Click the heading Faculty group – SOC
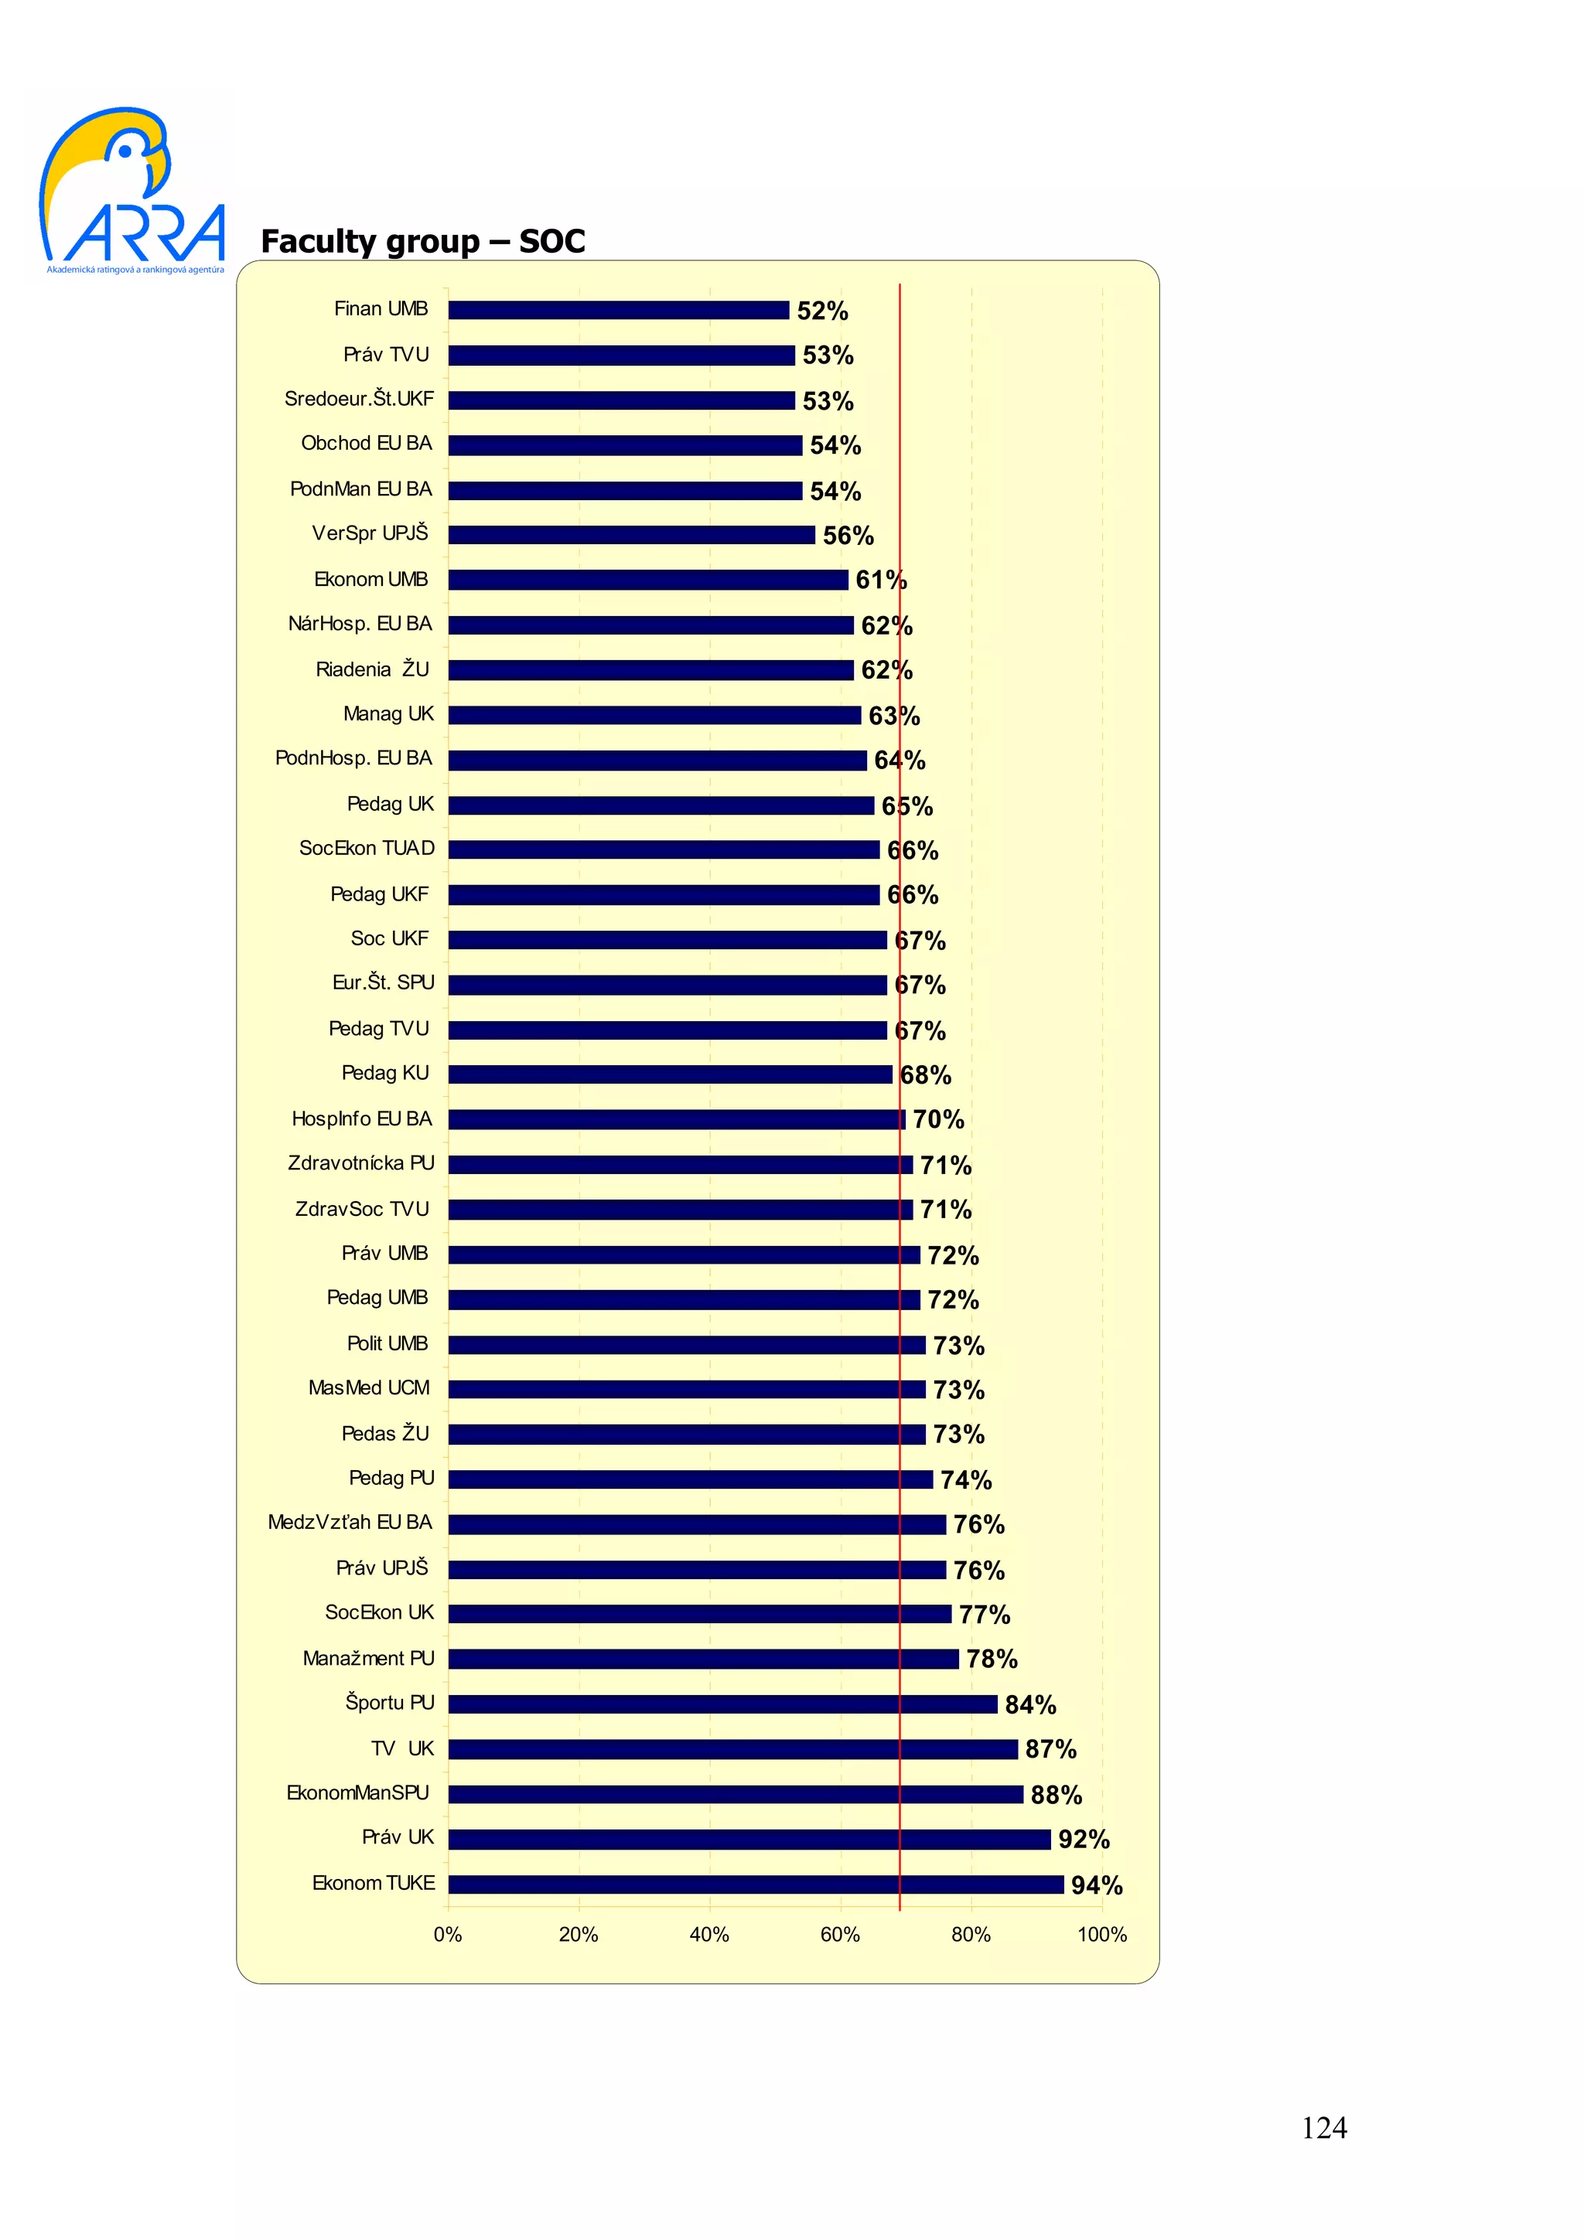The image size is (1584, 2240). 422,241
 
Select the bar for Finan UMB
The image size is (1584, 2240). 618,310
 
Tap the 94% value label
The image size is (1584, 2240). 1096,1885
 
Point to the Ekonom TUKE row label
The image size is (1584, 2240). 373,1883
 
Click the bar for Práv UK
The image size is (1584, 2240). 749,1839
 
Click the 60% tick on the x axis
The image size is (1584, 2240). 839,1935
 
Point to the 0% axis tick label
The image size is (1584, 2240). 447,1935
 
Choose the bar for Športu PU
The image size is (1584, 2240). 722,1704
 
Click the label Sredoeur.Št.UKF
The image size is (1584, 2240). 358,399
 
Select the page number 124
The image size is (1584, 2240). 1323,2128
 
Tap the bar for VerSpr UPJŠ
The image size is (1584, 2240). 630,536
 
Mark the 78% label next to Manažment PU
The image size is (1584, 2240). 991,1659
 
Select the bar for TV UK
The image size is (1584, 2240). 732,1749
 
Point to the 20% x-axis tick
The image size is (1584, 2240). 578,1935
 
